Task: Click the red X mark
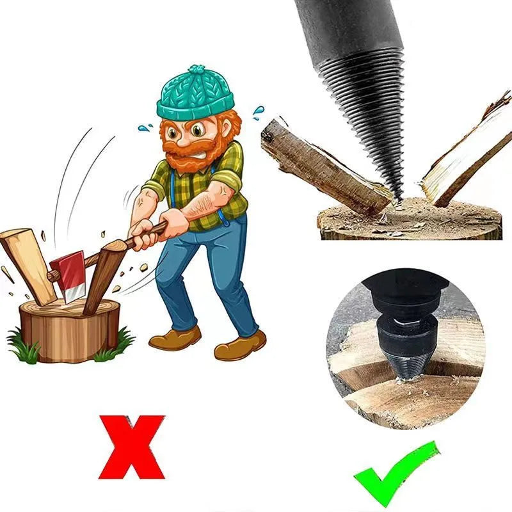[131, 447]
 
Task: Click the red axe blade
[68, 276]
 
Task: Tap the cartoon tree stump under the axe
[68, 330]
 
